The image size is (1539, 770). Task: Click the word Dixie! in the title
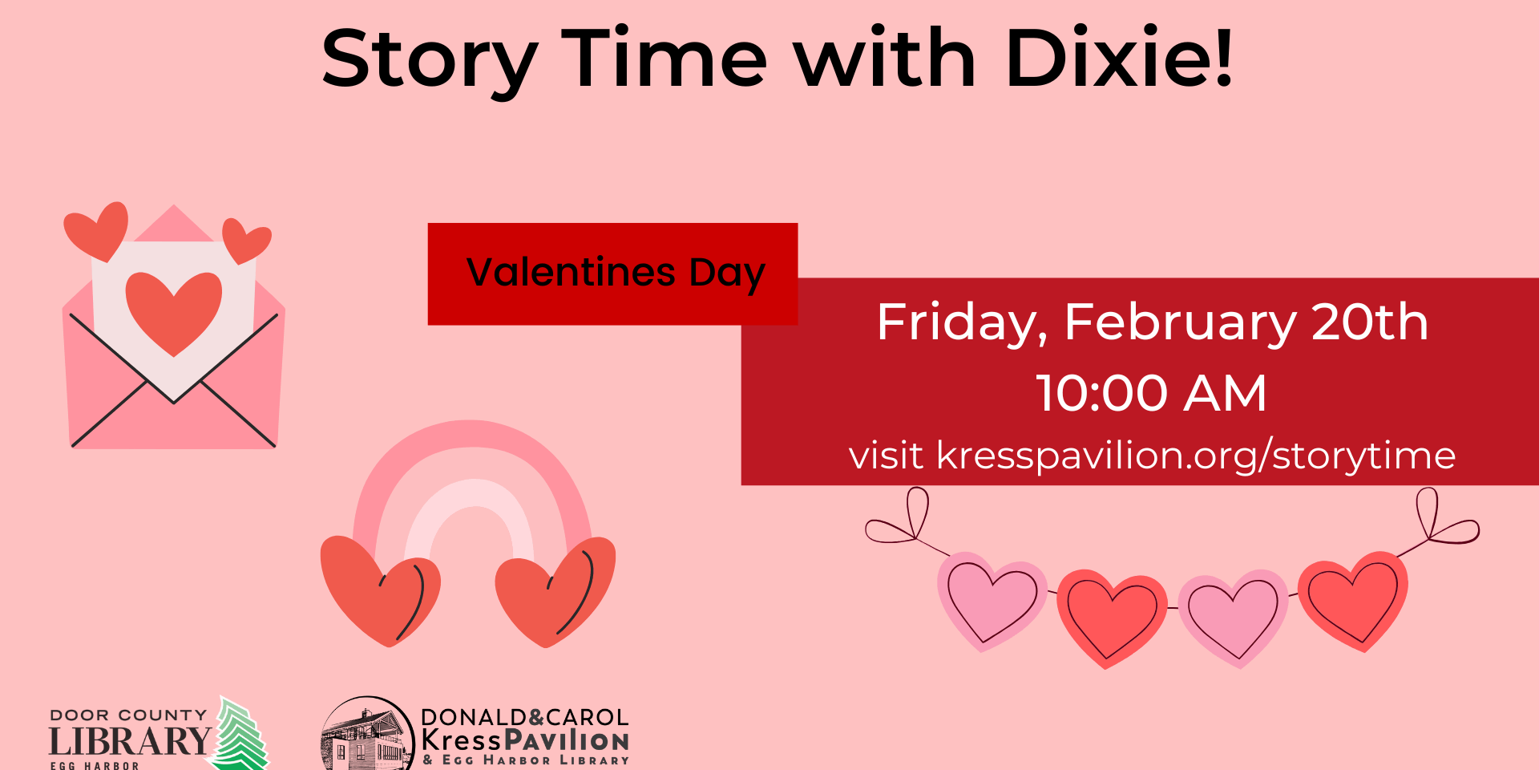[x=1119, y=58]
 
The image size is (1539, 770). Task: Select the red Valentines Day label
[x=612, y=274]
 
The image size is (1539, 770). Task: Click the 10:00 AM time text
[x=1152, y=393]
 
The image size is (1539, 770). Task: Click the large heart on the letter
[x=173, y=311]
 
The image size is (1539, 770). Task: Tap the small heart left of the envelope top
[x=97, y=230]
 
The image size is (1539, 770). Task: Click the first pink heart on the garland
[x=992, y=600]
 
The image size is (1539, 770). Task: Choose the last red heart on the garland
[x=1353, y=601]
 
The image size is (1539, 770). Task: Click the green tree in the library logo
[x=240, y=734]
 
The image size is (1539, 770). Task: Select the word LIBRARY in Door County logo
[x=130, y=742]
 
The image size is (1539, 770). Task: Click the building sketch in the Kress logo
[x=366, y=736]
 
